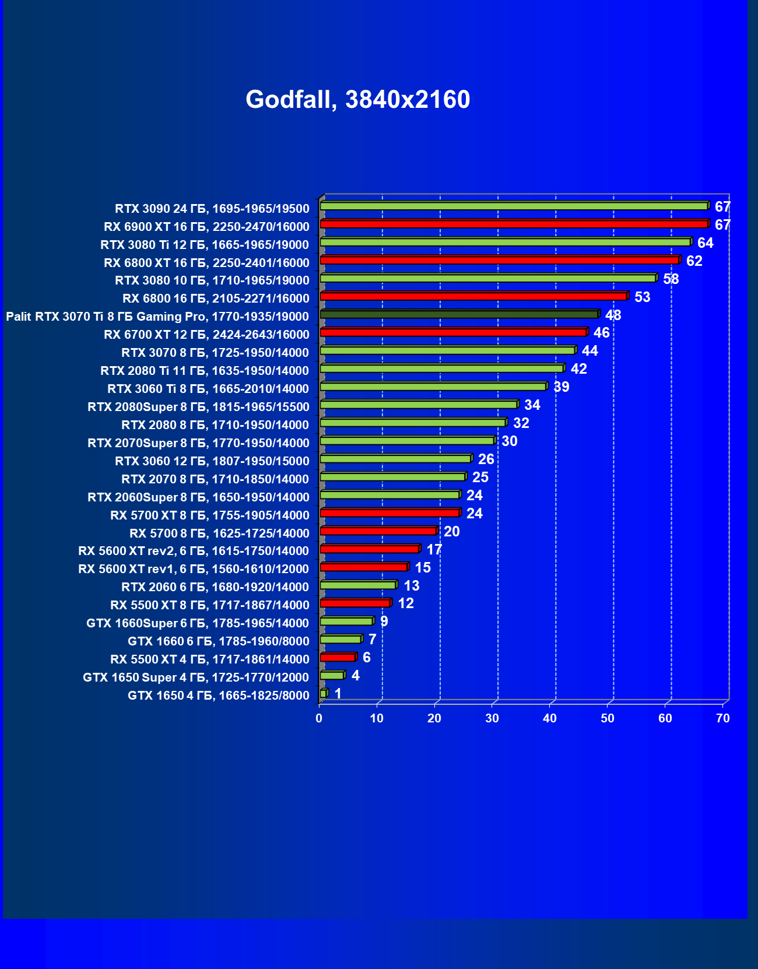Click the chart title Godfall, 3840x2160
[x=357, y=100]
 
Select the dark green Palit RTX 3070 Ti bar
[x=459, y=315]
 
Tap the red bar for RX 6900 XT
[x=514, y=224]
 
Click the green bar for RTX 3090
[x=514, y=206]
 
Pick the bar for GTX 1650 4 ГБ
[x=324, y=693]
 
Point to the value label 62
[x=694, y=261]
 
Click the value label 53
[x=642, y=297]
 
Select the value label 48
[x=613, y=315]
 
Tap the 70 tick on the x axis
[x=722, y=718]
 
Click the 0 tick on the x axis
[x=319, y=718]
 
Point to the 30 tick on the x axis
[x=492, y=718]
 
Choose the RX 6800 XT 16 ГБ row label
[x=206, y=263]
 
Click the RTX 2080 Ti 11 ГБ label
[x=204, y=371]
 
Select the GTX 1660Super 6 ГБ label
[x=197, y=623]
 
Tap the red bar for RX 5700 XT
[x=390, y=513]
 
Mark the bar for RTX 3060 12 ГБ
[x=395, y=459]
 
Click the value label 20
[x=451, y=532]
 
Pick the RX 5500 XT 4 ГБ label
[x=209, y=659]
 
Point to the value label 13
[x=411, y=586]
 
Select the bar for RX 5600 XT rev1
[x=364, y=567]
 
